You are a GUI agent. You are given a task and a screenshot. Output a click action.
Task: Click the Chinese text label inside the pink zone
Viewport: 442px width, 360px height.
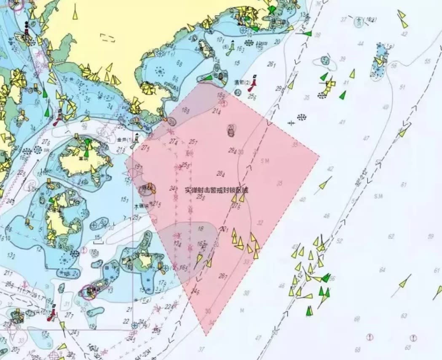click(x=217, y=190)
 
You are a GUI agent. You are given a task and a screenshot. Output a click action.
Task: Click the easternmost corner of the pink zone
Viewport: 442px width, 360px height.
click(x=319, y=157)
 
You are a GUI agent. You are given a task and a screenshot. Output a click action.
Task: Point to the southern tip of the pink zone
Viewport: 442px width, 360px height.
click(x=206, y=335)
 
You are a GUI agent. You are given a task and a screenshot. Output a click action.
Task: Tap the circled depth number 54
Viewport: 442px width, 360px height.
click(x=325, y=61)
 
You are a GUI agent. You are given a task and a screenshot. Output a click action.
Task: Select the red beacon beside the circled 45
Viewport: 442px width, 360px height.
click(x=253, y=84)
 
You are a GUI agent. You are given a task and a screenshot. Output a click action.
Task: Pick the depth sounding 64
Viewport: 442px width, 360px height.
click(x=382, y=269)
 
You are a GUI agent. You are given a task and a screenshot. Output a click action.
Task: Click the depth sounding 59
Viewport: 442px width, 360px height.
click(x=430, y=236)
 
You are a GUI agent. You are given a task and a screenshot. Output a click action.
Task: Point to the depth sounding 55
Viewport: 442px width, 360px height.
click(x=428, y=61)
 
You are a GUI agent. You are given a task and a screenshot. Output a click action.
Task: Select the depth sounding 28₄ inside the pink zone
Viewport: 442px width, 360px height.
click(x=220, y=173)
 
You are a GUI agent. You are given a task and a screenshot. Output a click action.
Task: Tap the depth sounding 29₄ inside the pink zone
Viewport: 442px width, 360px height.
click(x=232, y=150)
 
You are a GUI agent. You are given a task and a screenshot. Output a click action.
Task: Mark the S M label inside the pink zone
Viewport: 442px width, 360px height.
click(x=265, y=161)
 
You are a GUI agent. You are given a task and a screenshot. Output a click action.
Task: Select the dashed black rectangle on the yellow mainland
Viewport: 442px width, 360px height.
click(x=108, y=37)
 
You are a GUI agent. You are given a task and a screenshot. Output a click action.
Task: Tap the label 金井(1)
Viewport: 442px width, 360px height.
click(x=125, y=139)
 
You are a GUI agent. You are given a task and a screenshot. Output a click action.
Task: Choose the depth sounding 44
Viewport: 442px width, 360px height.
click(x=360, y=44)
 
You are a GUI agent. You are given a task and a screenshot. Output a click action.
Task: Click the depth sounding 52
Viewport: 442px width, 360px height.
click(x=340, y=241)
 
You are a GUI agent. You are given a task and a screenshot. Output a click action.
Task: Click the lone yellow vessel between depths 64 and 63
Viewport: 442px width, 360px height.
click(x=404, y=282)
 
